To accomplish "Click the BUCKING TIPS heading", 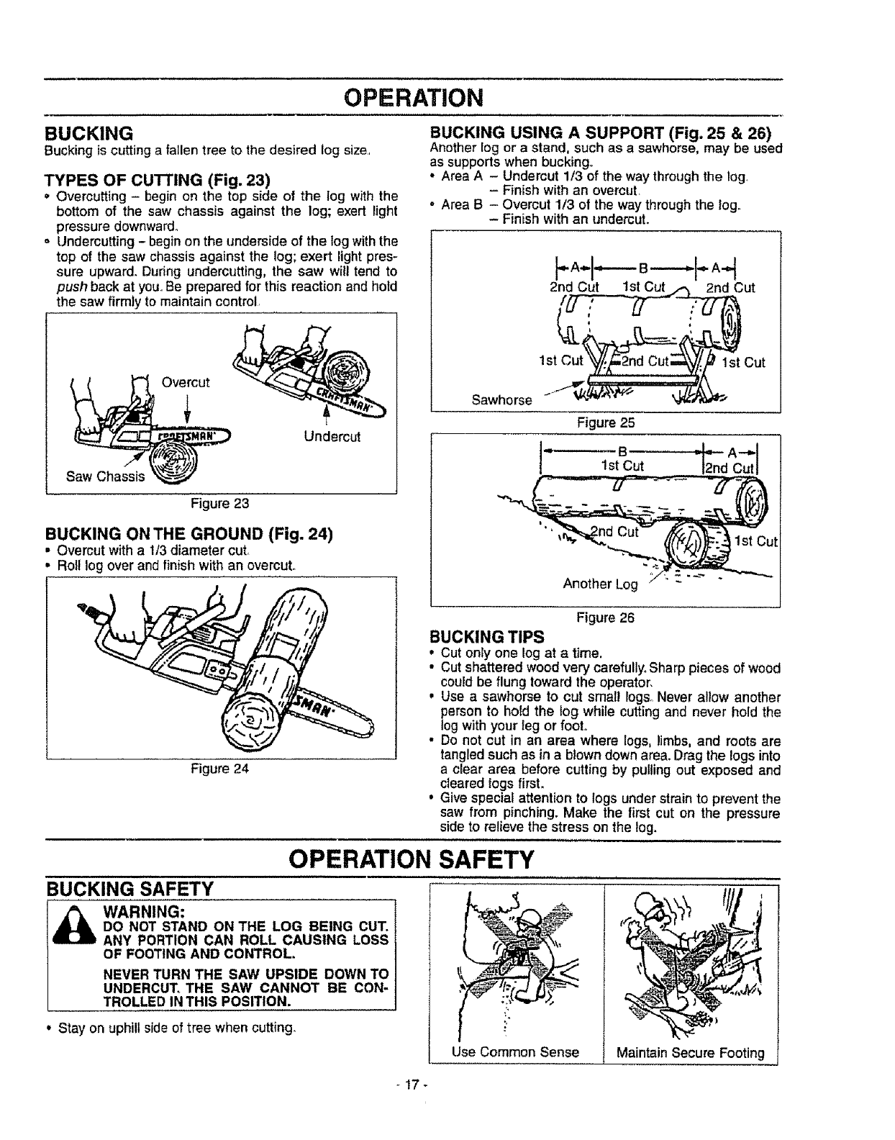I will click(x=486, y=637).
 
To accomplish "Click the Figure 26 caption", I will click(x=605, y=617).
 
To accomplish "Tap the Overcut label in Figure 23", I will click(x=185, y=382).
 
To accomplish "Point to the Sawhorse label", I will click(x=501, y=399).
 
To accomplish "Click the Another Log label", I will click(x=600, y=584).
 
